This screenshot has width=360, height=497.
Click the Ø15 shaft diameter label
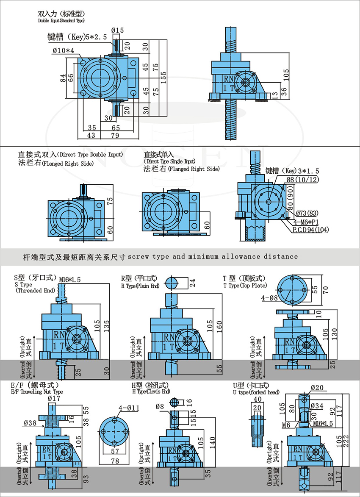117,30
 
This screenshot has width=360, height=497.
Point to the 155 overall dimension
164,75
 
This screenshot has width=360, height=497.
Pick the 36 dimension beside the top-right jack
284,91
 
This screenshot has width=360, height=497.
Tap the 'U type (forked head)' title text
256,392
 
